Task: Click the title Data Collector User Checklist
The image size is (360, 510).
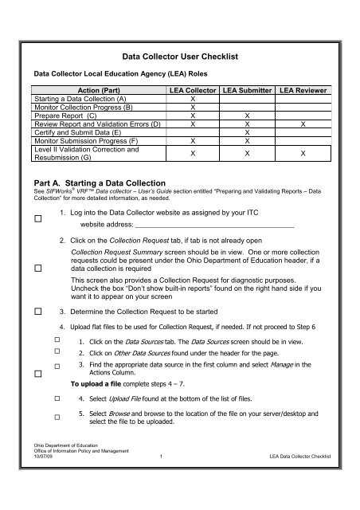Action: pyautogui.click(x=180, y=59)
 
